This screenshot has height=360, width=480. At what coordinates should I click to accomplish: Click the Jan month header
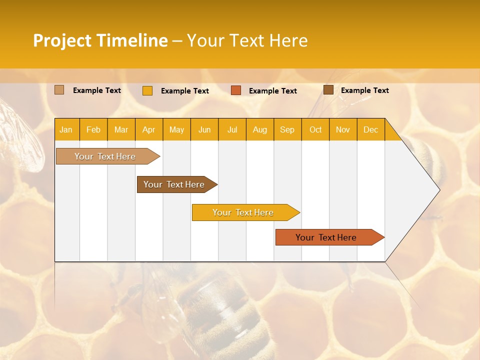click(x=66, y=130)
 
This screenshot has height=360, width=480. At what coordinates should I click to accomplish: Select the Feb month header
click(x=93, y=130)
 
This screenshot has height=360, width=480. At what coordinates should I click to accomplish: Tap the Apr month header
click(x=149, y=130)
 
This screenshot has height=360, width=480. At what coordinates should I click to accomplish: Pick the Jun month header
click(x=204, y=130)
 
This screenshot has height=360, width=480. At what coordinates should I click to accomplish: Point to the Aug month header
click(x=260, y=130)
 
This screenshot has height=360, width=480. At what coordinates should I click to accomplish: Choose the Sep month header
click(x=287, y=130)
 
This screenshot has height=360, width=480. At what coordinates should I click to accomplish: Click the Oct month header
click(x=315, y=130)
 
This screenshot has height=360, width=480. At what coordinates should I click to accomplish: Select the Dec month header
click(x=371, y=130)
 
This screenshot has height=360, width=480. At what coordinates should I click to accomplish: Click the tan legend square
click(x=59, y=90)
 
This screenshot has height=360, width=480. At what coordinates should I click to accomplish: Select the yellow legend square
click(x=147, y=91)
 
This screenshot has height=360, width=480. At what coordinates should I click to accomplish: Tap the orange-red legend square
click(x=236, y=90)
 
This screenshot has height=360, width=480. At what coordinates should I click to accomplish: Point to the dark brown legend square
click(x=328, y=90)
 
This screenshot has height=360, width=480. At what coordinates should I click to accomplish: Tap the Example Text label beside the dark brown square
click(x=365, y=90)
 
